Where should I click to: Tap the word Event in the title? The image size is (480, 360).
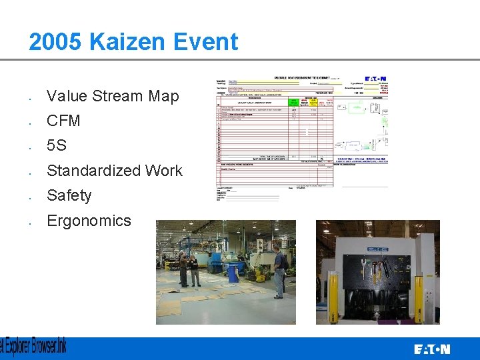click(207, 42)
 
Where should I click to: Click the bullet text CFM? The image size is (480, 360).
click(63, 121)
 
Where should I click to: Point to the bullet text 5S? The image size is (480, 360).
click(57, 145)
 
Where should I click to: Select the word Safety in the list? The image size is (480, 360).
click(69, 195)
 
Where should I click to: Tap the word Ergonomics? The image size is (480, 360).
click(89, 221)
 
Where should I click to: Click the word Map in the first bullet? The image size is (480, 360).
click(163, 96)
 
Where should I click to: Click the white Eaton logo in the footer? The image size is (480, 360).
click(432, 349)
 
